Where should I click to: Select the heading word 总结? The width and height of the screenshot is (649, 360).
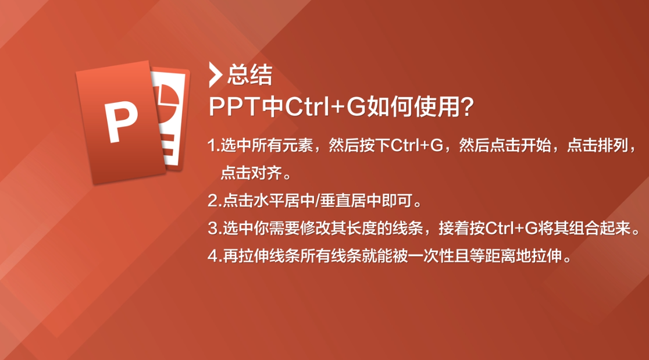[x=249, y=75]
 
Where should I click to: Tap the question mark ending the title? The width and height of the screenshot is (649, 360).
[x=468, y=107]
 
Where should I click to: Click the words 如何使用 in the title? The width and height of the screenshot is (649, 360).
[x=414, y=107]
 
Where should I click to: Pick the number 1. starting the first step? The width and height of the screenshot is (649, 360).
[x=213, y=145]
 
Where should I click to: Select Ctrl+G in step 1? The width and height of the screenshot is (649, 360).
[x=417, y=145]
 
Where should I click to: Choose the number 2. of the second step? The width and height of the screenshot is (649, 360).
[x=215, y=201]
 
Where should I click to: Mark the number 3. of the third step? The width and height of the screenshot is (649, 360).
[x=215, y=229]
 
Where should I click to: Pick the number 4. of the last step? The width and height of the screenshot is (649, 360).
[x=215, y=256]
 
